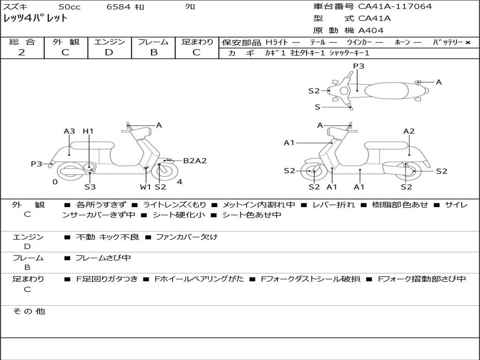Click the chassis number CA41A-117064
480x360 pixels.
[x=395, y=7]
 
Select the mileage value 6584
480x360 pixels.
[x=119, y=7]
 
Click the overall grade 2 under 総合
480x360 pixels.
[x=22, y=52]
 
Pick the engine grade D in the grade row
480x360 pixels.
[x=109, y=52]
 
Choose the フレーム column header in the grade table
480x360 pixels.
[x=153, y=42]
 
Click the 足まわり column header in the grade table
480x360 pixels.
[x=197, y=42]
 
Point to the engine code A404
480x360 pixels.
[x=371, y=30]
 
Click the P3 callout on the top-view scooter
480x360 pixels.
[x=359, y=66]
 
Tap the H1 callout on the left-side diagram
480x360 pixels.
[x=88, y=131]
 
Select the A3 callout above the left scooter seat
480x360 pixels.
[x=69, y=131]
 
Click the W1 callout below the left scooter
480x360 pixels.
[x=145, y=187]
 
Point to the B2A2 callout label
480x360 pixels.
[x=195, y=161]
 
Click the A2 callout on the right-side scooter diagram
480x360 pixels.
[x=409, y=131]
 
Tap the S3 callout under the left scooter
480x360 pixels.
[x=90, y=187]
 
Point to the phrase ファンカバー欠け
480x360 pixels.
[x=187, y=237]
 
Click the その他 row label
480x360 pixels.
[x=29, y=311]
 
